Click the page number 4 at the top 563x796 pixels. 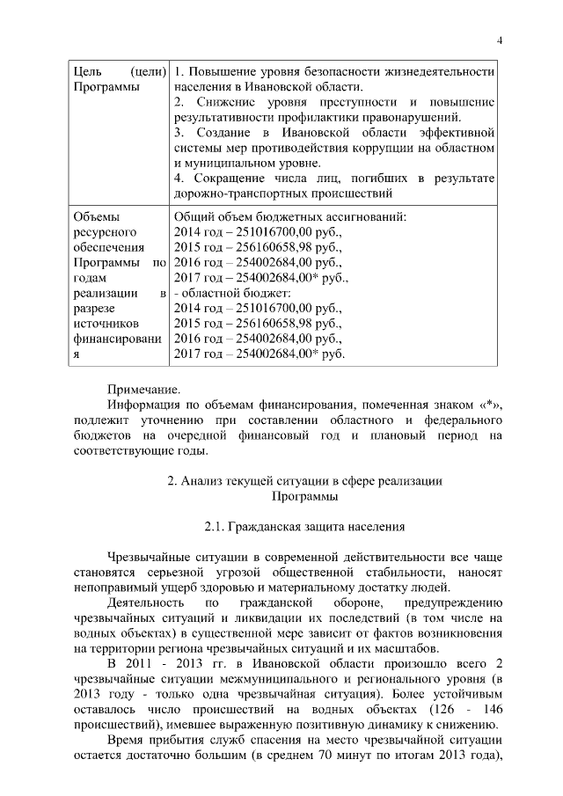[x=499, y=41]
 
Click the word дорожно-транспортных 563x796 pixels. [x=233, y=193]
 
